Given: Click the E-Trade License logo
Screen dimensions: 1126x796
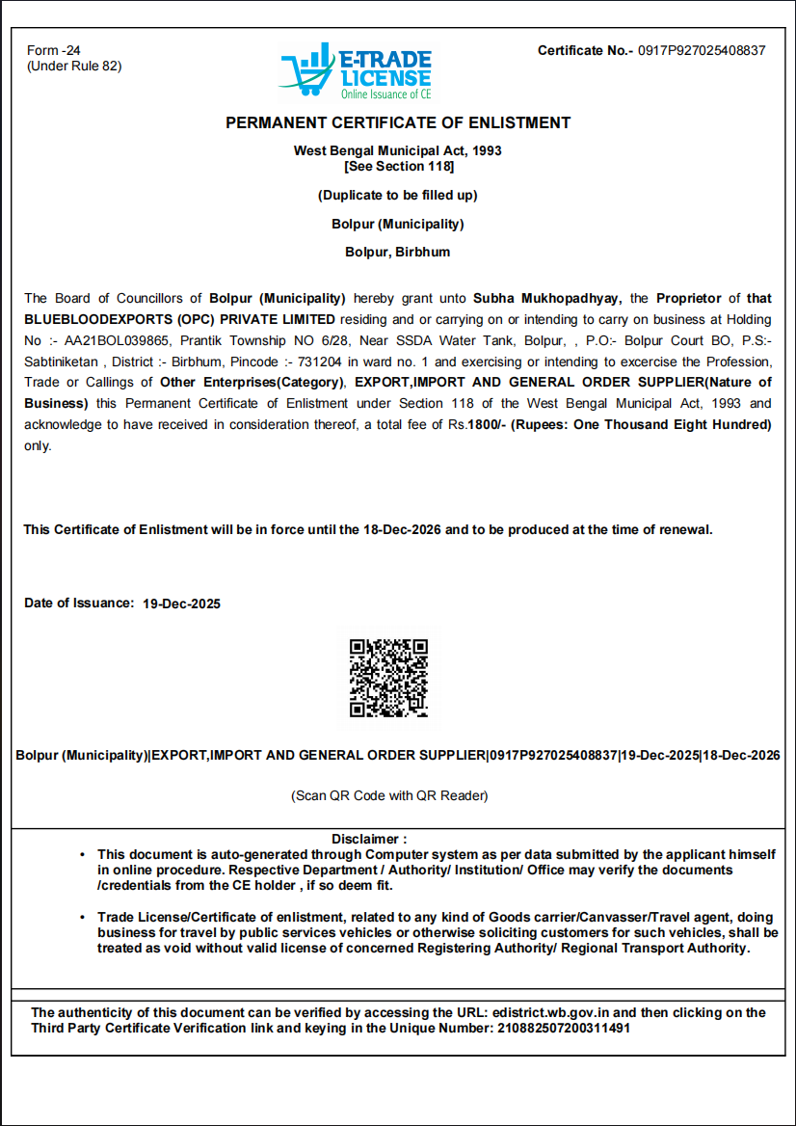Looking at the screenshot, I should click(357, 72).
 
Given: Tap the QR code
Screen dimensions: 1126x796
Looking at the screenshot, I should click(388, 678).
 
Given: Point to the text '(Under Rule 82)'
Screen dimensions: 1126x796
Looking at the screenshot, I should click(74, 66).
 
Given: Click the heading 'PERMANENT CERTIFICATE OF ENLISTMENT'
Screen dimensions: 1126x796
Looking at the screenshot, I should click(398, 122).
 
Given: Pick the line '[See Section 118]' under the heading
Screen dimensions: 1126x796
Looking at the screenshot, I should click(398, 166).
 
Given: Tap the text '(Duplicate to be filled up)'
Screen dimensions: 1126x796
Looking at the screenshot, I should click(398, 195).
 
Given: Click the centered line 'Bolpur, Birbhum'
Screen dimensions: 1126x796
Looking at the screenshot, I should click(398, 253).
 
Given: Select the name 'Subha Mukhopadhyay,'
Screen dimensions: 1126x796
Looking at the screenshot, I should click(547, 298).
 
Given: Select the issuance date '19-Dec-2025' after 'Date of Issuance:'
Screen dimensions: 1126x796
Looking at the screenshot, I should click(181, 604).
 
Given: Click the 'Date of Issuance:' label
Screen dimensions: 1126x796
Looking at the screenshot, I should click(79, 603).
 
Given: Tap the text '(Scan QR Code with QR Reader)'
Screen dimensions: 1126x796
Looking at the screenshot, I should click(390, 796).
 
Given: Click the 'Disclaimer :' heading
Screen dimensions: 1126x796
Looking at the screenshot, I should click(369, 839).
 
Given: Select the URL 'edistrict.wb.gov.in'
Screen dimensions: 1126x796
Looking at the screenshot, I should click(550, 1012).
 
